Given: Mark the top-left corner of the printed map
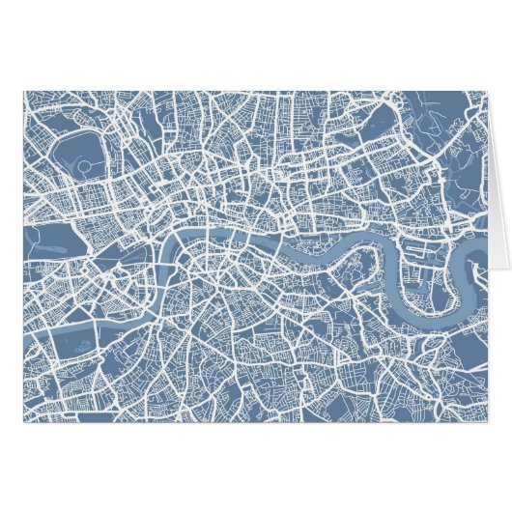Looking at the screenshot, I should (23, 92).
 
